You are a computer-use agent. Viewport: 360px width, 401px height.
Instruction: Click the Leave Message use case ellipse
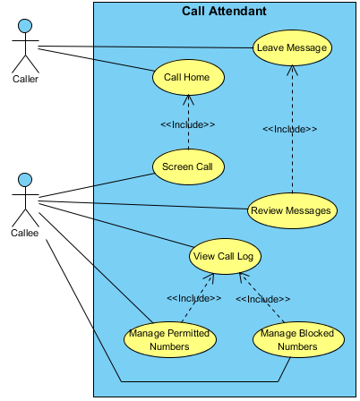(x=292, y=47)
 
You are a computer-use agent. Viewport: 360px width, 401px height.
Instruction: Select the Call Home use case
(x=188, y=77)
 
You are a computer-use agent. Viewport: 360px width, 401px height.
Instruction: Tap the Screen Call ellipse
(x=188, y=166)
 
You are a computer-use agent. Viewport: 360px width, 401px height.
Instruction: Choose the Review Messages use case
(x=292, y=210)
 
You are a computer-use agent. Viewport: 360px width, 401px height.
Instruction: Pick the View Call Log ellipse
(x=225, y=256)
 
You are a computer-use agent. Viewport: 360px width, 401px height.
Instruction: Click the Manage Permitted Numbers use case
(x=170, y=339)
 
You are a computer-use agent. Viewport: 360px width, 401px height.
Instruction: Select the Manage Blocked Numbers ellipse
(x=298, y=339)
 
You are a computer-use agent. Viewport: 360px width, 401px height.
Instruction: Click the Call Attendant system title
(x=224, y=12)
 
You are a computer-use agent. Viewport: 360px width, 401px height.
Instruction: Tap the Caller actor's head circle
(x=25, y=26)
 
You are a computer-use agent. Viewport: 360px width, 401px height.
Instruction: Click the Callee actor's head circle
(x=25, y=180)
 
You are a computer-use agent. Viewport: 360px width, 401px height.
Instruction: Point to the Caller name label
(x=25, y=79)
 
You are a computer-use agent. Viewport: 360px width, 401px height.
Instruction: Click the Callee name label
(x=25, y=233)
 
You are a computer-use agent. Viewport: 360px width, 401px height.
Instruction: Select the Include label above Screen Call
(x=188, y=124)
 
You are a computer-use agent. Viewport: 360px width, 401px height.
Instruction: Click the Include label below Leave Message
(x=289, y=129)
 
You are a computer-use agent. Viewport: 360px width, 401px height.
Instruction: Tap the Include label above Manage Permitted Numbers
(x=194, y=298)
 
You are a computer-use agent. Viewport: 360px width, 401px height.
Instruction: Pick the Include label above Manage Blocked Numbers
(x=262, y=299)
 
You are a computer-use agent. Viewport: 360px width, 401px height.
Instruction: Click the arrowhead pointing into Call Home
(x=188, y=99)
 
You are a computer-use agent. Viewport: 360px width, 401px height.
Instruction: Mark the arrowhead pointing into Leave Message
(x=292, y=70)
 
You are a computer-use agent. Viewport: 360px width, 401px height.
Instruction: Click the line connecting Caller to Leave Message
(x=146, y=47)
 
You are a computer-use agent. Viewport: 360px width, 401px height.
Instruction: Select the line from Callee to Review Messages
(x=143, y=205)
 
